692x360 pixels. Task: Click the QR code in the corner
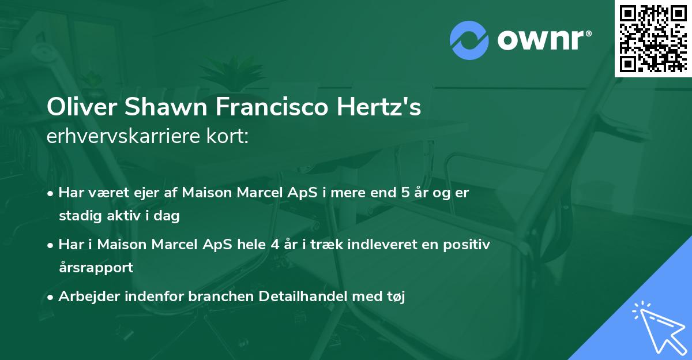pyautogui.click(x=653, y=38)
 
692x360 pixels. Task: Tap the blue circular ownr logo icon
pyautogui.click(x=469, y=40)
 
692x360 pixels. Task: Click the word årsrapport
pyautogui.click(x=96, y=267)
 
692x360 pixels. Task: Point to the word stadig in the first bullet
pyautogui.click(x=76, y=216)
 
